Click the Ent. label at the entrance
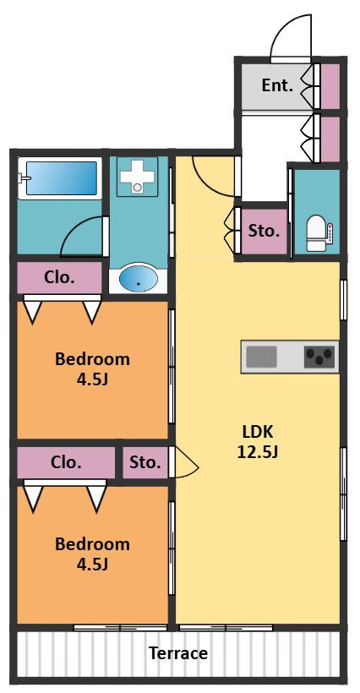click(277, 85)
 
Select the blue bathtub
click(61, 178)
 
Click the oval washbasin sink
click(139, 278)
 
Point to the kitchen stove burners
click(319, 357)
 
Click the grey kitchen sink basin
click(261, 357)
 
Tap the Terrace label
click(178, 652)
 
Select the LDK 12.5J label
click(257, 441)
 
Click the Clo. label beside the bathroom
click(59, 277)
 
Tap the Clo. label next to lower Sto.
click(66, 462)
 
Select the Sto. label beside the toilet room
click(264, 231)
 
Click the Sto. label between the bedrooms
click(145, 462)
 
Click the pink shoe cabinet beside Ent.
click(330, 86)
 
